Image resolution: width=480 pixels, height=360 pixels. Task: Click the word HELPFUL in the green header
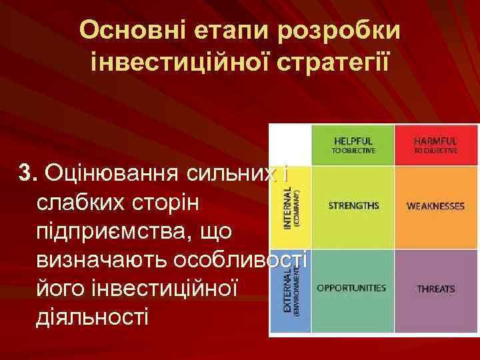353,141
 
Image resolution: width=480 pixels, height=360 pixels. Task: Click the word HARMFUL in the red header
435,141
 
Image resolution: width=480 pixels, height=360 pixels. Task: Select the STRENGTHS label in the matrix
353,205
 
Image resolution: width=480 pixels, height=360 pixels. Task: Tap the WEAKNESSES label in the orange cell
435,207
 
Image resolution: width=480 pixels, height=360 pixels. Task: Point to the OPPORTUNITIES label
351,288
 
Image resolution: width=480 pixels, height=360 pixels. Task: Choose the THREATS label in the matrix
436,289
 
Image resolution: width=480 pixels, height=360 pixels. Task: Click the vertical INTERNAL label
288,207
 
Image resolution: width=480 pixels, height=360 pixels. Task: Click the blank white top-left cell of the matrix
291,143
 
